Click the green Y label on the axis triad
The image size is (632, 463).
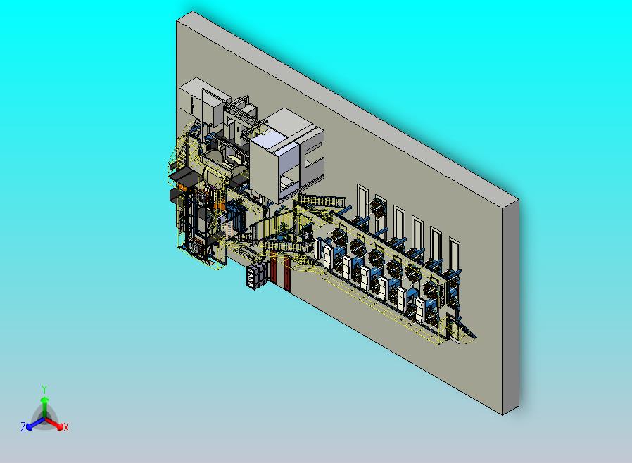[x=44, y=389]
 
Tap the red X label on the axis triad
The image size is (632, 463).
[x=66, y=427]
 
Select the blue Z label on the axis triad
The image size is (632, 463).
[x=23, y=427]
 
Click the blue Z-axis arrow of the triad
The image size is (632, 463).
[x=32, y=424]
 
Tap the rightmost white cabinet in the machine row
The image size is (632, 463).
[x=421, y=310]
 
